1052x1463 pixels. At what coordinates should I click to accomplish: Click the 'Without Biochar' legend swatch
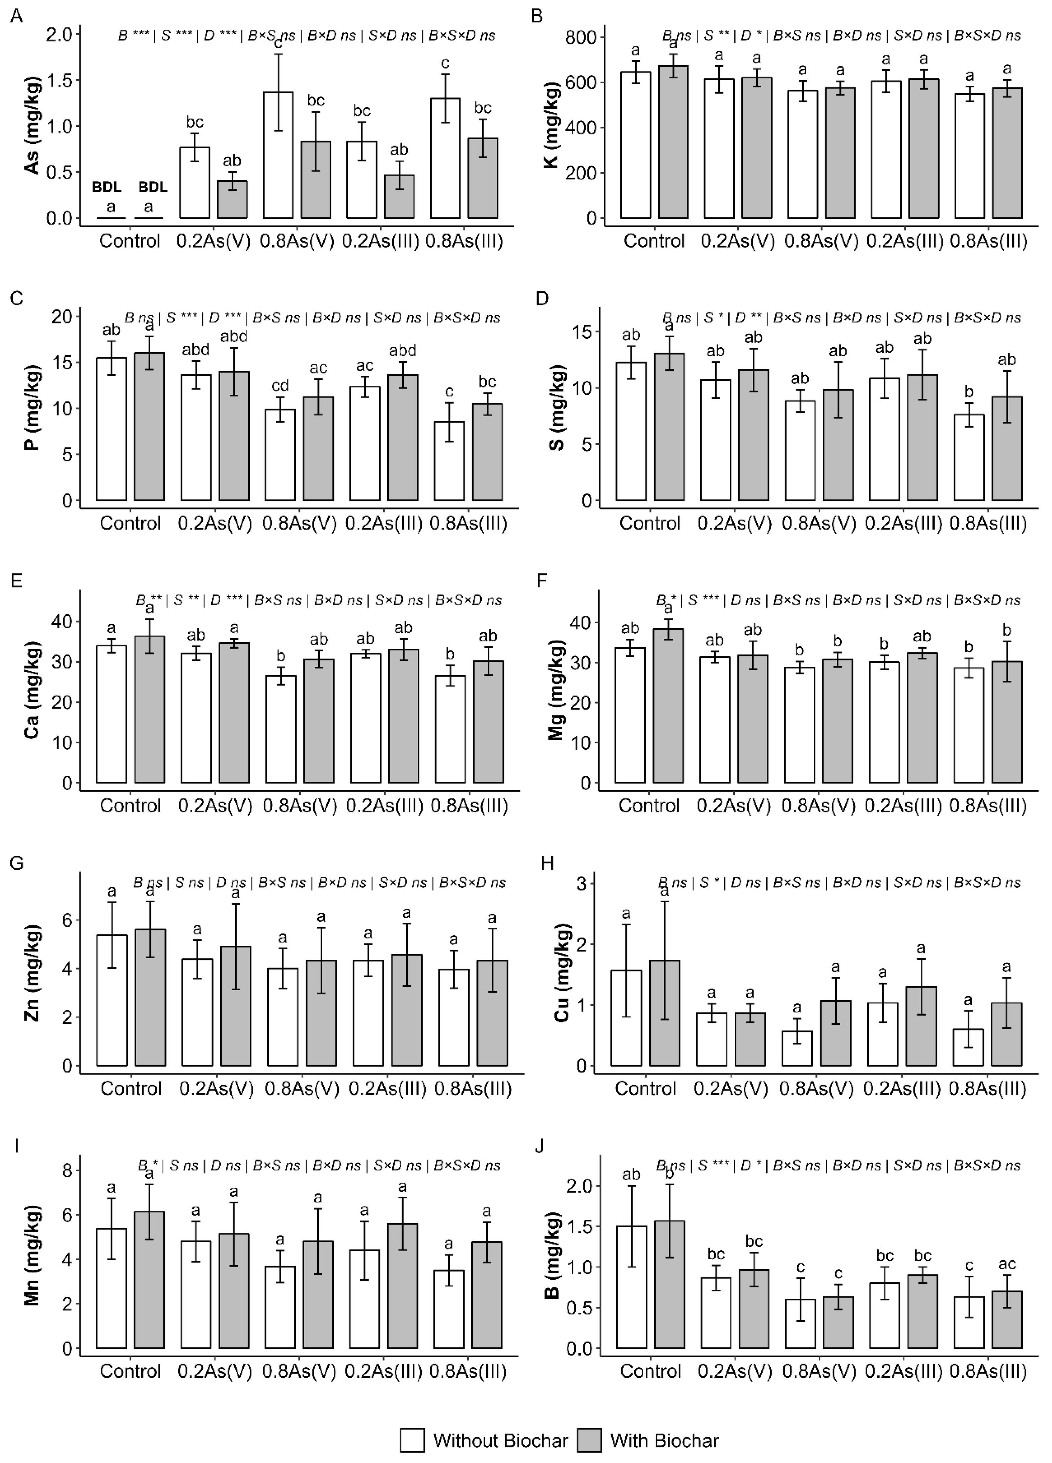(x=412, y=1440)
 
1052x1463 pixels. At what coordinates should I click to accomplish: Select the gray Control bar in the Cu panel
(x=665, y=1013)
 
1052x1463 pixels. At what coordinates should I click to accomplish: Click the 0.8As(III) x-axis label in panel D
(x=988, y=523)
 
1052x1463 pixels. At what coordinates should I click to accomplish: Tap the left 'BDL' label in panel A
(x=106, y=187)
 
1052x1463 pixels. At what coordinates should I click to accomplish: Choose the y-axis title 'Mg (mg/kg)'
(x=556, y=690)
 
